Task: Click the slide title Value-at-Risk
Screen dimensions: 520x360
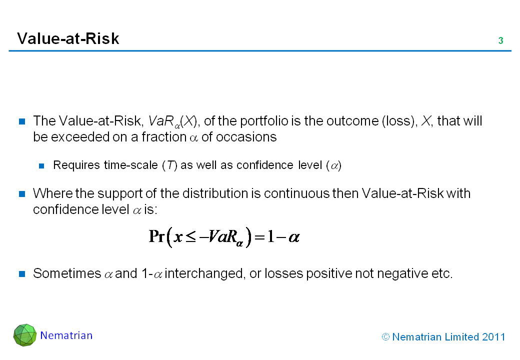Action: click(x=68, y=38)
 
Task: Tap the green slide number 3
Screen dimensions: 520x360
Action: click(x=501, y=40)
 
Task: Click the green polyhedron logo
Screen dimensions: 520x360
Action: click(x=25, y=335)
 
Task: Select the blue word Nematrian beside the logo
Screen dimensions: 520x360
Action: click(x=66, y=335)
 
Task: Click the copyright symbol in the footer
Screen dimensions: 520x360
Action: click(x=385, y=337)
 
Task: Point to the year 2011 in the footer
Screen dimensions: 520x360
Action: click(x=493, y=337)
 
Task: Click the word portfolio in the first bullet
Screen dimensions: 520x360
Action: click(x=263, y=121)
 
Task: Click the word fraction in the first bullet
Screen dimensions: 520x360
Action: click(x=164, y=137)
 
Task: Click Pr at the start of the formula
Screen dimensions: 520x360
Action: click(x=157, y=236)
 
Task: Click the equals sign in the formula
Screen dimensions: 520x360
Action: click(x=259, y=237)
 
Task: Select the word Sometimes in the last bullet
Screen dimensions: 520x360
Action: click(x=67, y=273)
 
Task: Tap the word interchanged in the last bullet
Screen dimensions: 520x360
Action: click(x=205, y=274)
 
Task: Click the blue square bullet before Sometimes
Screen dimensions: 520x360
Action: click(x=22, y=274)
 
